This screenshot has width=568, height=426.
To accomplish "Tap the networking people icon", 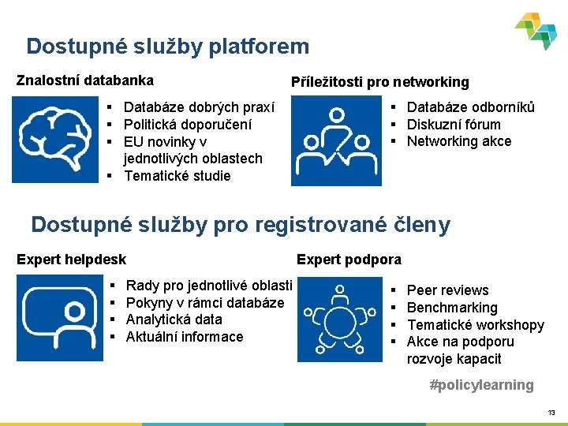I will coord(336,140).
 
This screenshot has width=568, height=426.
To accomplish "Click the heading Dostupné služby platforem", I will coord(167,47).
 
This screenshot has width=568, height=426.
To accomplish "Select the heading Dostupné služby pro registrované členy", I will coord(241,225).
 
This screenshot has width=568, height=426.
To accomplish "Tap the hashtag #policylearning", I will coord(481,385).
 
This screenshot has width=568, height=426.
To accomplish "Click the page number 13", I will coord(551,413).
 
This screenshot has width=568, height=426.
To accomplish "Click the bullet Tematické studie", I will coord(177,176).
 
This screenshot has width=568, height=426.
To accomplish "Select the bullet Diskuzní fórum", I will coord(453,124).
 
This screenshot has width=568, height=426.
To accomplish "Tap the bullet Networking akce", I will coord(458,141).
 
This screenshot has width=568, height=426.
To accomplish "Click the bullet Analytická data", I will coord(174,319).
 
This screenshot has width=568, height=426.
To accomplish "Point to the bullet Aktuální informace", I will coord(185,337).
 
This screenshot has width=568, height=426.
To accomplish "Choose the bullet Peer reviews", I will coord(447,290).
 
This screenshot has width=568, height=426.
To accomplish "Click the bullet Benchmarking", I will coord(451,308).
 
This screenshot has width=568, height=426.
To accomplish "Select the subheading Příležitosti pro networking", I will coord(379,82).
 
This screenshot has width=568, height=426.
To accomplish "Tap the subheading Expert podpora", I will coord(349,260).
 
